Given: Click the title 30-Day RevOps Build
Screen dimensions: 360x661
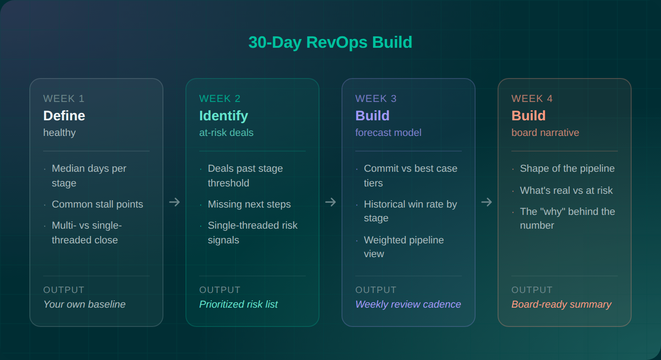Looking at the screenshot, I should tap(330, 42).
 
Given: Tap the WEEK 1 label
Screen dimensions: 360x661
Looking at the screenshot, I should tap(64, 99).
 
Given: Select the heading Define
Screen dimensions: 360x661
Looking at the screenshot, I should tap(64, 116).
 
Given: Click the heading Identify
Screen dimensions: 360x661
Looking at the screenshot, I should tap(224, 116).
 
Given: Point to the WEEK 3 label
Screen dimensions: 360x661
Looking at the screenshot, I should tap(376, 99).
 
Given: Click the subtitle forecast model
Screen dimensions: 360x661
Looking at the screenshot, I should tap(388, 133).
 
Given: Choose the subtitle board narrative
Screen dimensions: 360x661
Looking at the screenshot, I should tap(545, 133).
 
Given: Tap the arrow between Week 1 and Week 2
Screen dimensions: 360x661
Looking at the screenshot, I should tap(174, 202).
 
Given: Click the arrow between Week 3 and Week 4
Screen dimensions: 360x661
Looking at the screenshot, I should tap(487, 202).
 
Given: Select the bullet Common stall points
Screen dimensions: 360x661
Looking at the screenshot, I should tap(97, 204).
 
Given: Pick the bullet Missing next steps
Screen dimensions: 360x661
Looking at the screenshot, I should tap(249, 204).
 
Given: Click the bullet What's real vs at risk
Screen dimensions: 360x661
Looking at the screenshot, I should tap(566, 191).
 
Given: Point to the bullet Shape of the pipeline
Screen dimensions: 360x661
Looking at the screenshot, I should tap(567, 169).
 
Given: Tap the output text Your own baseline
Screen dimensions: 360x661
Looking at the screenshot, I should tap(84, 304).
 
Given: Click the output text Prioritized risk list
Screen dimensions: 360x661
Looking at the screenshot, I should tap(238, 304).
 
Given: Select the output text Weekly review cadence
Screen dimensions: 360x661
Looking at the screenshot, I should tap(408, 304).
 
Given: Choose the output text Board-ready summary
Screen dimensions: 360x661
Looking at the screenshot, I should tap(561, 304).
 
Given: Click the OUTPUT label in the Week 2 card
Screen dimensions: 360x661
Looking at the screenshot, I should tap(220, 290).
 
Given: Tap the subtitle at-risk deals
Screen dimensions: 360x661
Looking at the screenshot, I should tap(226, 133).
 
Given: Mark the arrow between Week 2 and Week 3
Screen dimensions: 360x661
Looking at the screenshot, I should tap(330, 202).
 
